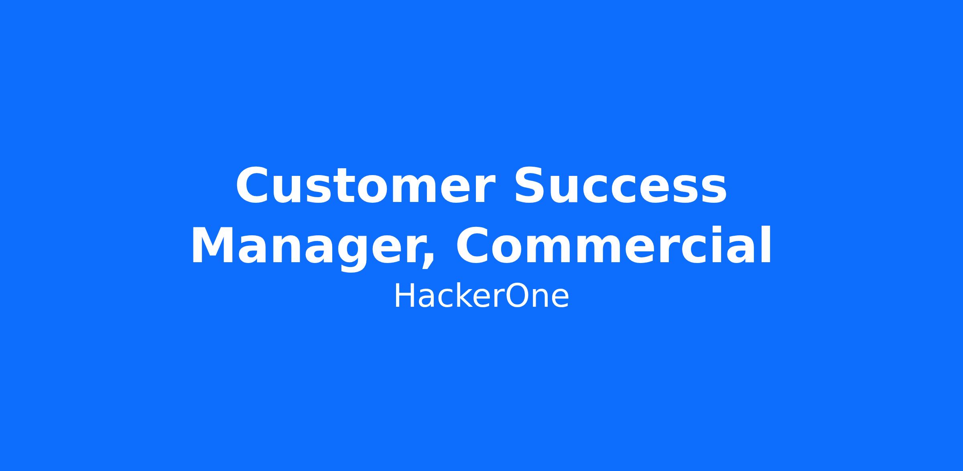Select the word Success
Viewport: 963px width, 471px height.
(620, 186)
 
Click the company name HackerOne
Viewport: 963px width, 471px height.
(481, 297)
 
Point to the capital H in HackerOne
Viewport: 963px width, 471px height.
(404, 296)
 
